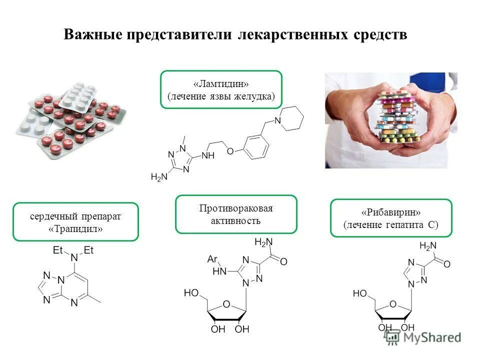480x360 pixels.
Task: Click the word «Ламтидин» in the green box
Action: click(221, 83)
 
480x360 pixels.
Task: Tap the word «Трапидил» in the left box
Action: click(75, 229)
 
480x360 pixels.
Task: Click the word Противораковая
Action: click(235, 208)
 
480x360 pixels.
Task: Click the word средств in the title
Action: click(379, 35)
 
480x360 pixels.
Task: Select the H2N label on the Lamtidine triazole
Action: click(159, 176)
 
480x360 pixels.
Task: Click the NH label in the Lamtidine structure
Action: click(207, 156)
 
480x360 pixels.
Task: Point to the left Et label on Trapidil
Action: click(58, 250)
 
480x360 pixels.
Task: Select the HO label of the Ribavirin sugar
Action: click(360, 293)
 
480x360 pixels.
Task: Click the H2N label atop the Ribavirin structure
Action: click(428, 245)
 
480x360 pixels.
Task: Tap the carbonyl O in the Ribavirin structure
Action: click(447, 263)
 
